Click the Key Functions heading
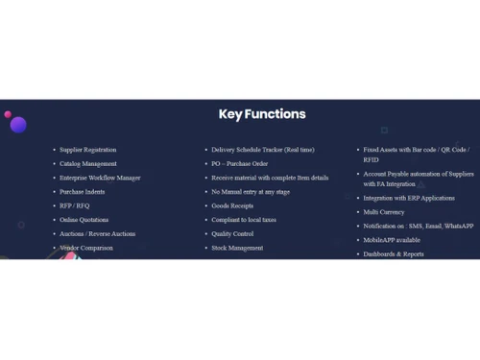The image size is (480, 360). [262, 114]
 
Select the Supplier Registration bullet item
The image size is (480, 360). [88, 150]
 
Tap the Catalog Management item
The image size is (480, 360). [88, 164]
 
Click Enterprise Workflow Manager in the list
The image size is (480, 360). [100, 178]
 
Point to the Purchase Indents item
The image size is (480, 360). [83, 192]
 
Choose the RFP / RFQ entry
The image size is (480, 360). [74, 205]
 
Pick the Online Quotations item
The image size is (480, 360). [84, 220]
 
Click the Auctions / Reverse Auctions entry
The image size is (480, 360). [97, 233]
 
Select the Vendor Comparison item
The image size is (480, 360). [86, 248]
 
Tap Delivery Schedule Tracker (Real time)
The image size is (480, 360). [262, 150]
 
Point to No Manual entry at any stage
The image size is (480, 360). [252, 192]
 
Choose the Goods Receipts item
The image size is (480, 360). [232, 205]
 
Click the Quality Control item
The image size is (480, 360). [232, 233]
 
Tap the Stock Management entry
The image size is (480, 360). [237, 248]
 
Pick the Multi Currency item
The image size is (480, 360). [384, 212]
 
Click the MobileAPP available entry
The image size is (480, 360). [392, 240]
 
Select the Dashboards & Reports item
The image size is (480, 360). [394, 254]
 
